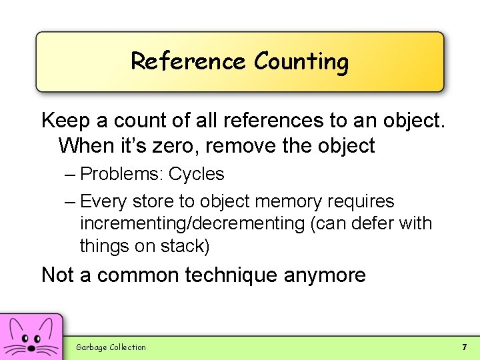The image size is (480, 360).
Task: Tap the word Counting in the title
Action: (x=301, y=63)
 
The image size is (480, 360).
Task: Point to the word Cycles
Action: (x=197, y=175)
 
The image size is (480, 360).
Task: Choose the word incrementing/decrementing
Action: (x=193, y=224)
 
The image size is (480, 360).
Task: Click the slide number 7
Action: (x=464, y=347)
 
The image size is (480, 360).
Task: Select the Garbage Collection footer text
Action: (x=111, y=347)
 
